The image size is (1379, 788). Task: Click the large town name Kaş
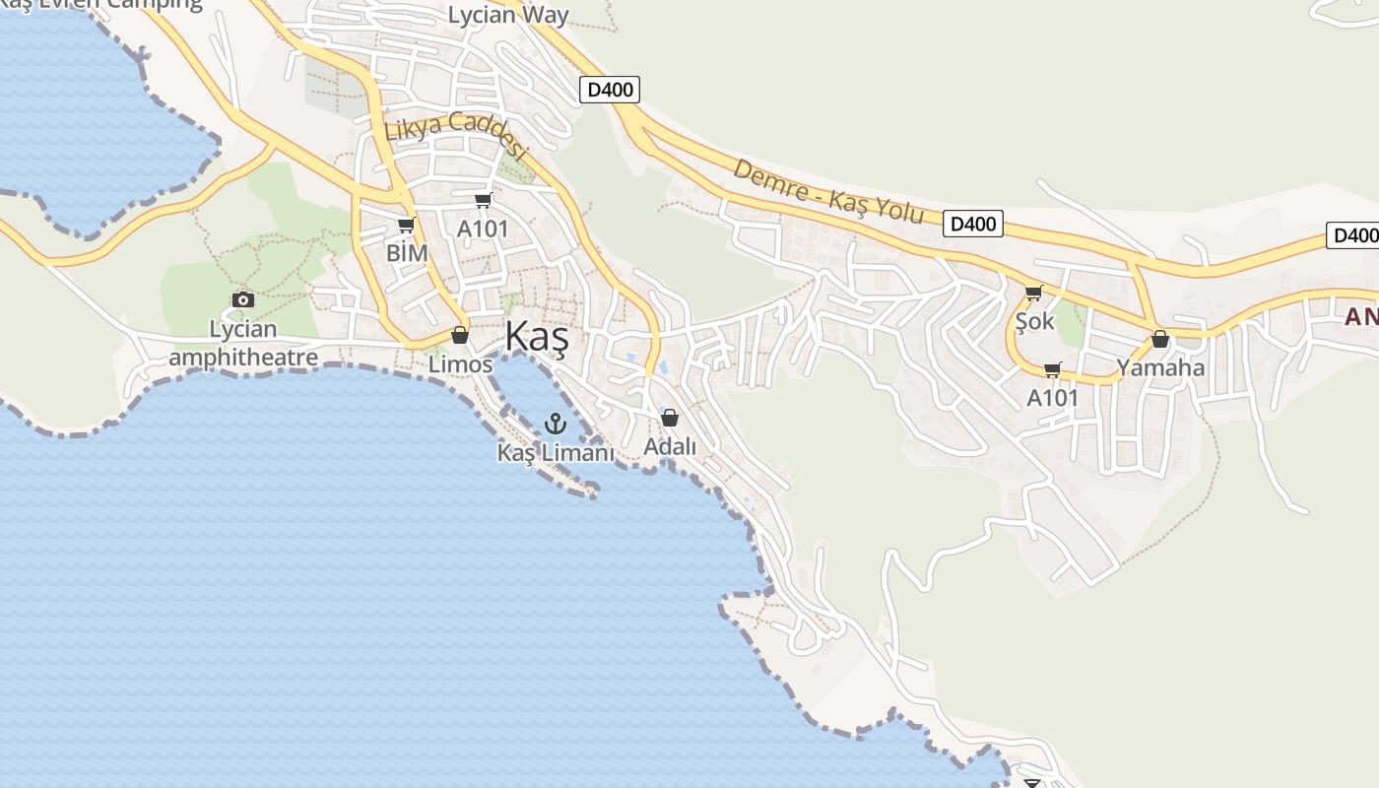[x=537, y=337]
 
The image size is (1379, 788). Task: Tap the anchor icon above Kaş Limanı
[x=556, y=425]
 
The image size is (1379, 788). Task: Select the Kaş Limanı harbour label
[x=556, y=453]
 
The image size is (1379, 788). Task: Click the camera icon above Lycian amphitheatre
[x=243, y=299]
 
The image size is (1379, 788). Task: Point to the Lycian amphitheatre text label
[x=243, y=342]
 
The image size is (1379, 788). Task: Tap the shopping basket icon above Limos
[x=460, y=335]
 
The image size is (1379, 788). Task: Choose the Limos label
[x=460, y=364]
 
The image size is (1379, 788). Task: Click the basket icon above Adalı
[x=670, y=418]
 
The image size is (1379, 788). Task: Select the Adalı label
[x=670, y=446]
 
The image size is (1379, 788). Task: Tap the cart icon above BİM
[x=406, y=226]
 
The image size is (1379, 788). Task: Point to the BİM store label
[x=407, y=253]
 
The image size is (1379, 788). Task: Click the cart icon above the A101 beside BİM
[x=483, y=201]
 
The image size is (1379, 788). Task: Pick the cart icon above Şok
[x=1033, y=293]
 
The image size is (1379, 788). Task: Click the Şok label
[x=1034, y=321]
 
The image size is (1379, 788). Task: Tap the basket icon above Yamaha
[x=1160, y=339]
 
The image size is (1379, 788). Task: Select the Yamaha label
[x=1160, y=368]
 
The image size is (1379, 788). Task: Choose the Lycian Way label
[x=508, y=15]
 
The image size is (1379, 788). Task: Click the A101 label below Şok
[x=1052, y=398]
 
